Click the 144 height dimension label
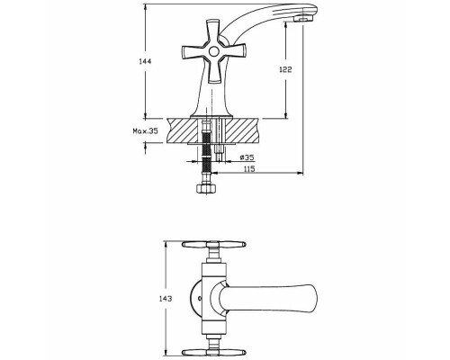pyautogui.click(x=145, y=61)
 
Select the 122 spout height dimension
pyautogui.click(x=285, y=69)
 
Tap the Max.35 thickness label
pyautogui.click(x=145, y=130)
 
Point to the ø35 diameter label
pyautogui.click(x=247, y=157)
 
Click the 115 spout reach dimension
pyautogui.click(x=249, y=169)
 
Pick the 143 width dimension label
pyautogui.click(x=166, y=299)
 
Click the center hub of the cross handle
pyautogui.click(x=213, y=51)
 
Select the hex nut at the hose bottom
pyautogui.click(x=206, y=189)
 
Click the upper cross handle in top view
pyautogui.click(x=214, y=244)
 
